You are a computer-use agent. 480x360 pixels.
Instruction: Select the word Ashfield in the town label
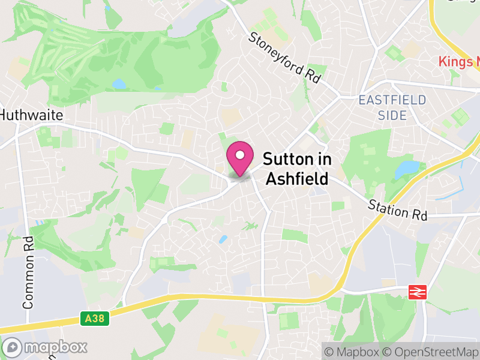pos(297,179)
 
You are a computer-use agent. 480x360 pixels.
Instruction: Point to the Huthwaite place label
pos(32,115)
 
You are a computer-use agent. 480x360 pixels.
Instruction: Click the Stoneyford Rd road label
pos(284,58)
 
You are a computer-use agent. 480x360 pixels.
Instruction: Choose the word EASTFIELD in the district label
pos(392,100)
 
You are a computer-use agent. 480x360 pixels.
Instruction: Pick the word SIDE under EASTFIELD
pos(392,115)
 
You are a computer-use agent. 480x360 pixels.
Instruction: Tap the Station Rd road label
pos(398,209)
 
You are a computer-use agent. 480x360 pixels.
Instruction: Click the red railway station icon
pos(416,292)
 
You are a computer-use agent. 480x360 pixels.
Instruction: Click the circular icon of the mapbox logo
pos(13,347)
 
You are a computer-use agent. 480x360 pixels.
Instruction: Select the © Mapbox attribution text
pos(352,352)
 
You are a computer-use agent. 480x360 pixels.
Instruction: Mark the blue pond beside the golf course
pos(119,83)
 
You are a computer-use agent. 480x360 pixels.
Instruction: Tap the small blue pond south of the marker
pos(223,239)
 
